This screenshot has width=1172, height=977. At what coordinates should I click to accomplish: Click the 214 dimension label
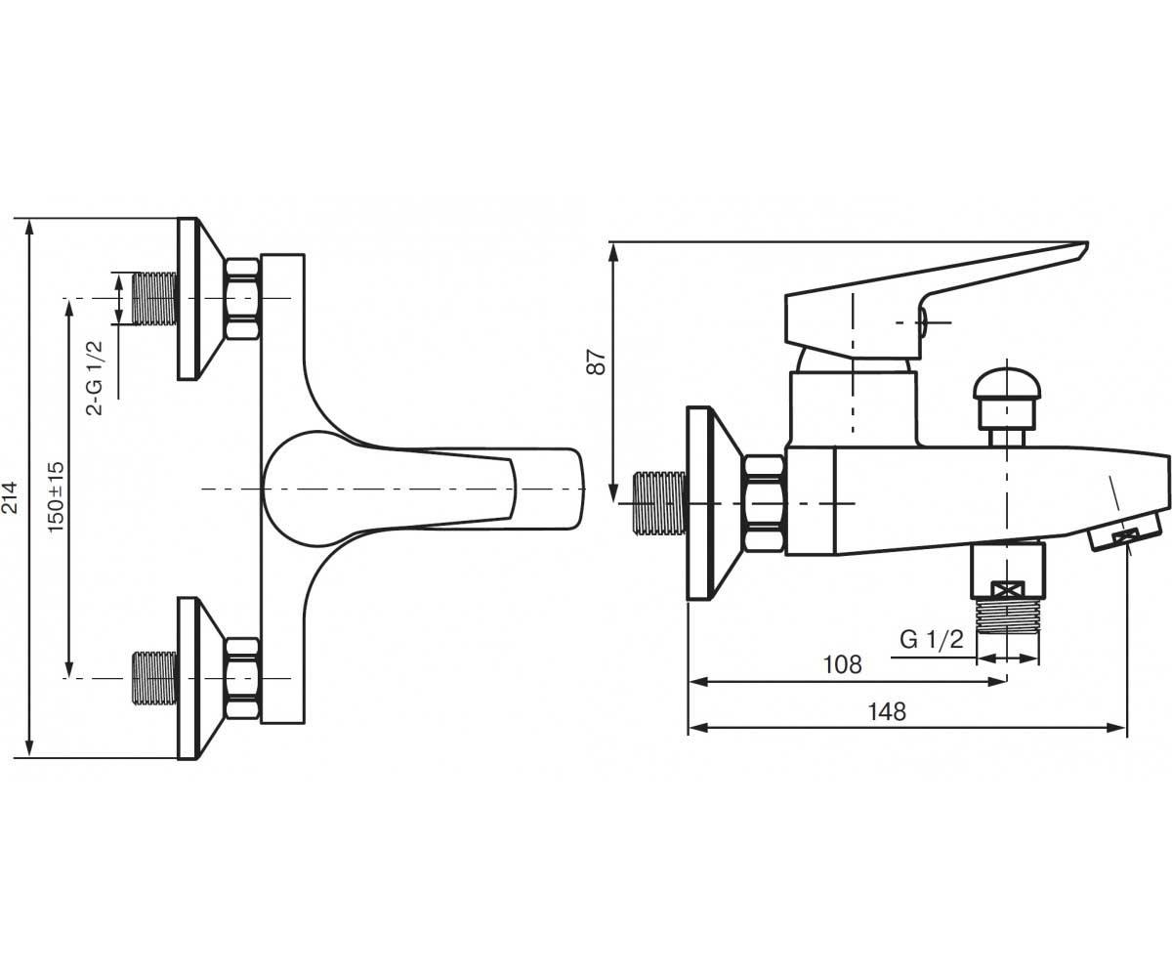point(11,497)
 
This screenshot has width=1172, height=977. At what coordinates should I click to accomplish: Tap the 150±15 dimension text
point(57,497)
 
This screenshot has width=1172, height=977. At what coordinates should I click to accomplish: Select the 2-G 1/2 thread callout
point(95,377)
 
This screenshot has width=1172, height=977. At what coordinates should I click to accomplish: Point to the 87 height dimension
point(597,362)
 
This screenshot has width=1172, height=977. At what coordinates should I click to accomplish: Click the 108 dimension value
point(842,664)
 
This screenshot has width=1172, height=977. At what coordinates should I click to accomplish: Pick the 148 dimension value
point(887,712)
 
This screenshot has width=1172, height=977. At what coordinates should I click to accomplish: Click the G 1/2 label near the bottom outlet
point(932,640)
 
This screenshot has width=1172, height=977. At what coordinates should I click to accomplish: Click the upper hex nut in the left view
point(242,298)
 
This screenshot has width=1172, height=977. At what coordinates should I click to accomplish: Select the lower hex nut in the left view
point(242,678)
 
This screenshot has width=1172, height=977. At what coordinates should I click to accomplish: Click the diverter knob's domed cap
point(1007,384)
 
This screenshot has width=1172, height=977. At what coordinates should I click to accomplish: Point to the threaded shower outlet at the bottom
point(1008,616)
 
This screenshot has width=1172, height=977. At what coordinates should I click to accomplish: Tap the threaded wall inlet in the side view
point(660,502)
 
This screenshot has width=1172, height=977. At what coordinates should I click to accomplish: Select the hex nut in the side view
point(764,503)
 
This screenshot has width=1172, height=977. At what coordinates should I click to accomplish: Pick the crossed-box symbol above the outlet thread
point(1008,589)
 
